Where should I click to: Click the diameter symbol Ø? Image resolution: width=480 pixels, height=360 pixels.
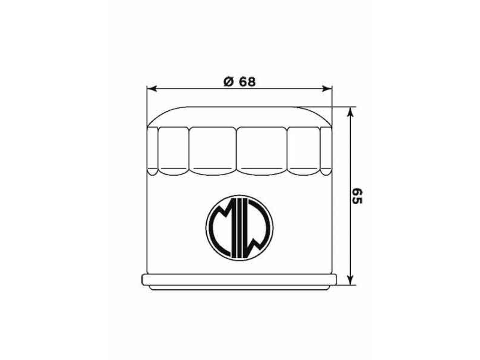click(x=228, y=82)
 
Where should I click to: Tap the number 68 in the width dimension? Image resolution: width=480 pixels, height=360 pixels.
click(x=247, y=82)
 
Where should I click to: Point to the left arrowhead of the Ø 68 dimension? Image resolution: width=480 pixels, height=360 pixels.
click(x=151, y=88)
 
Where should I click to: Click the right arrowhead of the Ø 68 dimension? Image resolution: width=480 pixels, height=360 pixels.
click(x=327, y=88)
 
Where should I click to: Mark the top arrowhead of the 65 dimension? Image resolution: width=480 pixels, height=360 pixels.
click(x=350, y=112)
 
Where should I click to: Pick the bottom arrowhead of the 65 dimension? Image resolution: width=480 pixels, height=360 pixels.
click(x=350, y=279)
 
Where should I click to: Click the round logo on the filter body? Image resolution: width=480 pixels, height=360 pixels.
click(x=239, y=227)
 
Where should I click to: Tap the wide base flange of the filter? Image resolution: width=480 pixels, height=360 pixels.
click(x=239, y=280)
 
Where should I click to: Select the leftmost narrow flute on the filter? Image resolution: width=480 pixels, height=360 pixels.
click(x=152, y=150)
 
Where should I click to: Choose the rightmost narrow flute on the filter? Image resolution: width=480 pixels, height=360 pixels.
click(x=326, y=150)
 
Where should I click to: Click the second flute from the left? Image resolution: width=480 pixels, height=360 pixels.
click(x=173, y=150)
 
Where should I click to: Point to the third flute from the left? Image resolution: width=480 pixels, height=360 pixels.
click(x=212, y=150)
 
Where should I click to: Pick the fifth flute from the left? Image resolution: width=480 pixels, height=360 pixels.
click(x=303, y=150)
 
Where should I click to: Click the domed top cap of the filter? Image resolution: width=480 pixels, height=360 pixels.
click(x=239, y=116)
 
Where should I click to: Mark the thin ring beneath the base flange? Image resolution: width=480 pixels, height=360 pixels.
click(x=239, y=288)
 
